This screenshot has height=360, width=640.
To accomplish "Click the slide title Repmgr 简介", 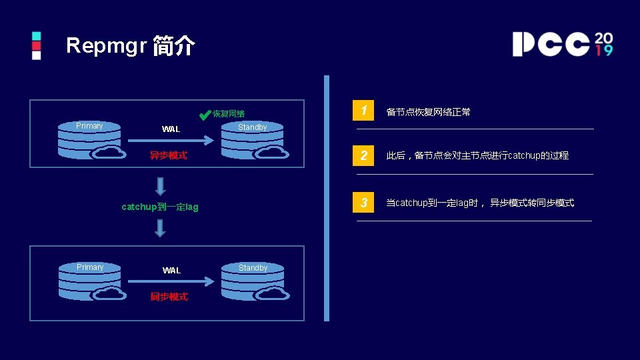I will [131, 45].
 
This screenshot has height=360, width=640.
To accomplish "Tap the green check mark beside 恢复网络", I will [205, 114].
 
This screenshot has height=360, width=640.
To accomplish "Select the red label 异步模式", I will [168, 155].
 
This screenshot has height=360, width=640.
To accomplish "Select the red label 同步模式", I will [169, 297].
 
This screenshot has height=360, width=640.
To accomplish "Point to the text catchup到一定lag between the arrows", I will [160, 207].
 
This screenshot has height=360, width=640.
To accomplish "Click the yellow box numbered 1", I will [363, 111].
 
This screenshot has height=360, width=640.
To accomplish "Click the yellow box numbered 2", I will [363, 155].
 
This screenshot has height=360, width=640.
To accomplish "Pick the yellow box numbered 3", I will [363, 203].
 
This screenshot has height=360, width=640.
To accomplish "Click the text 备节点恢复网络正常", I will [429, 112].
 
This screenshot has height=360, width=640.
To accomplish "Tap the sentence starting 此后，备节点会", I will [477, 155].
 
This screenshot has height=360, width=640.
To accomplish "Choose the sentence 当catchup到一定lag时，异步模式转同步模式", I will [480, 203].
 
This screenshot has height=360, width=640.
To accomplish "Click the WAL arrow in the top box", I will [170, 141].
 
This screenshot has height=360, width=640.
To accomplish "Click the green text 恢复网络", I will [229, 114].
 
